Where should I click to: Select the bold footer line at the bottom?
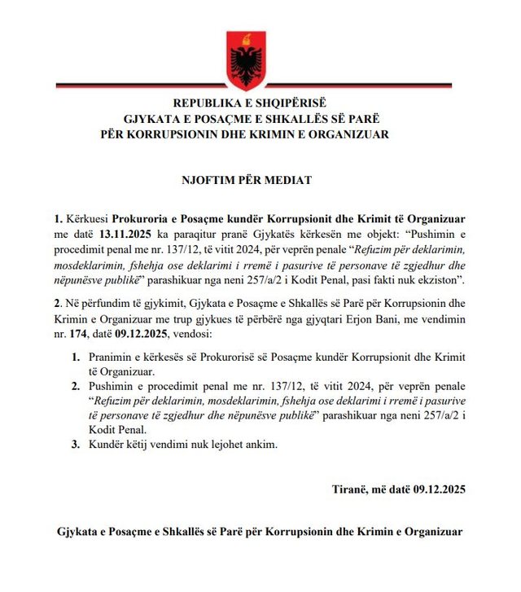point(260,531)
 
